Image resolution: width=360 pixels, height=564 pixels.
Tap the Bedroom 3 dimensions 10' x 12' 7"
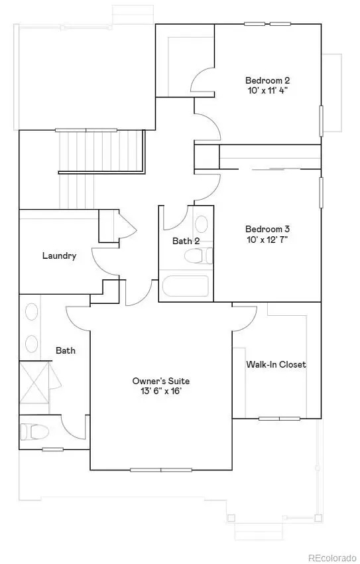click(x=267, y=238)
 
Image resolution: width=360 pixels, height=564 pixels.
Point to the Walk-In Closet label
click(x=276, y=364)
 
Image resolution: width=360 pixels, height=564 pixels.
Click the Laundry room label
click(x=59, y=255)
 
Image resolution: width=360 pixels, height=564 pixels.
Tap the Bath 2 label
click(x=186, y=241)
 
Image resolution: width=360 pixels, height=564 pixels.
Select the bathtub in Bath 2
click(x=185, y=287)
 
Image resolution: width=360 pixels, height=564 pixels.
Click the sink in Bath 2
click(x=201, y=224)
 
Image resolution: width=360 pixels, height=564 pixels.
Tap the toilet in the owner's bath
click(x=35, y=432)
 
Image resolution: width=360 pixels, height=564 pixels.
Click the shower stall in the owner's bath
click(x=35, y=382)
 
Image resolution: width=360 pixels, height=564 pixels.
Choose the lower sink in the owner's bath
click(x=31, y=343)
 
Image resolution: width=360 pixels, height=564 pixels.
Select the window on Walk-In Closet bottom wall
click(x=278, y=418)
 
